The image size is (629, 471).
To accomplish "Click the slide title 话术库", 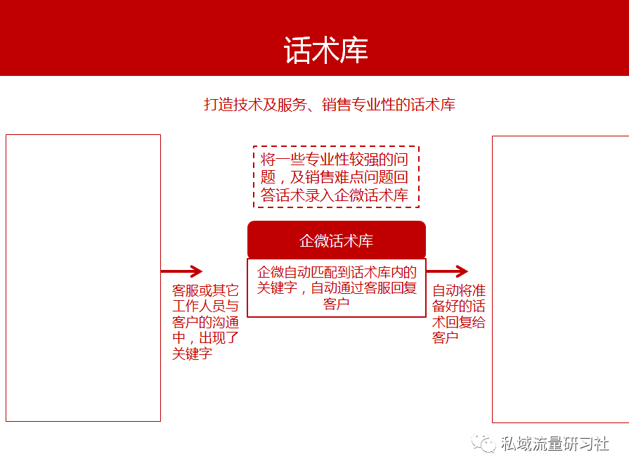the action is [x=325, y=50].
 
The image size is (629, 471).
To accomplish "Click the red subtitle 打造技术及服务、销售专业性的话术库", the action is [x=330, y=105].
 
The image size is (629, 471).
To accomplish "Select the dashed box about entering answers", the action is [x=336, y=177].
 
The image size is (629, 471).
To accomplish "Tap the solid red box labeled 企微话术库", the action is [x=337, y=240].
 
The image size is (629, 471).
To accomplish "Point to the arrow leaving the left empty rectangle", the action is [x=182, y=271].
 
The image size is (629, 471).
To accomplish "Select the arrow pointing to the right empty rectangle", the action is [x=447, y=271].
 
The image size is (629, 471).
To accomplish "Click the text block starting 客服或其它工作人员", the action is [x=205, y=322].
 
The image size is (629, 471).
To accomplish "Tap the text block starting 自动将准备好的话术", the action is [x=458, y=314].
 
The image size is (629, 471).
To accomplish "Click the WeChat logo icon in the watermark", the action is [x=484, y=443].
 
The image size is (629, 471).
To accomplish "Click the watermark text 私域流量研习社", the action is [x=555, y=444].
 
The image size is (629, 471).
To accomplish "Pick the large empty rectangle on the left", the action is [x=6, y=278].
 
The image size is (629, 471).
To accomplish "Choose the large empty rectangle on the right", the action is [x=493, y=280].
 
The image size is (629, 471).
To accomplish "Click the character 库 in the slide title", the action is [x=354, y=51].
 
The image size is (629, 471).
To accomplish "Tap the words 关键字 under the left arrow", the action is [x=192, y=354].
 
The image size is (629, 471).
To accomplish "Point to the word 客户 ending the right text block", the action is [x=445, y=338].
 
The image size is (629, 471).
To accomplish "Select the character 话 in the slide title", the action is [x=297, y=51].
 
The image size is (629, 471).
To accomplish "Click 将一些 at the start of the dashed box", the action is [x=282, y=160].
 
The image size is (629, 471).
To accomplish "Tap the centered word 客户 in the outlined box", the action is [x=336, y=304].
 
